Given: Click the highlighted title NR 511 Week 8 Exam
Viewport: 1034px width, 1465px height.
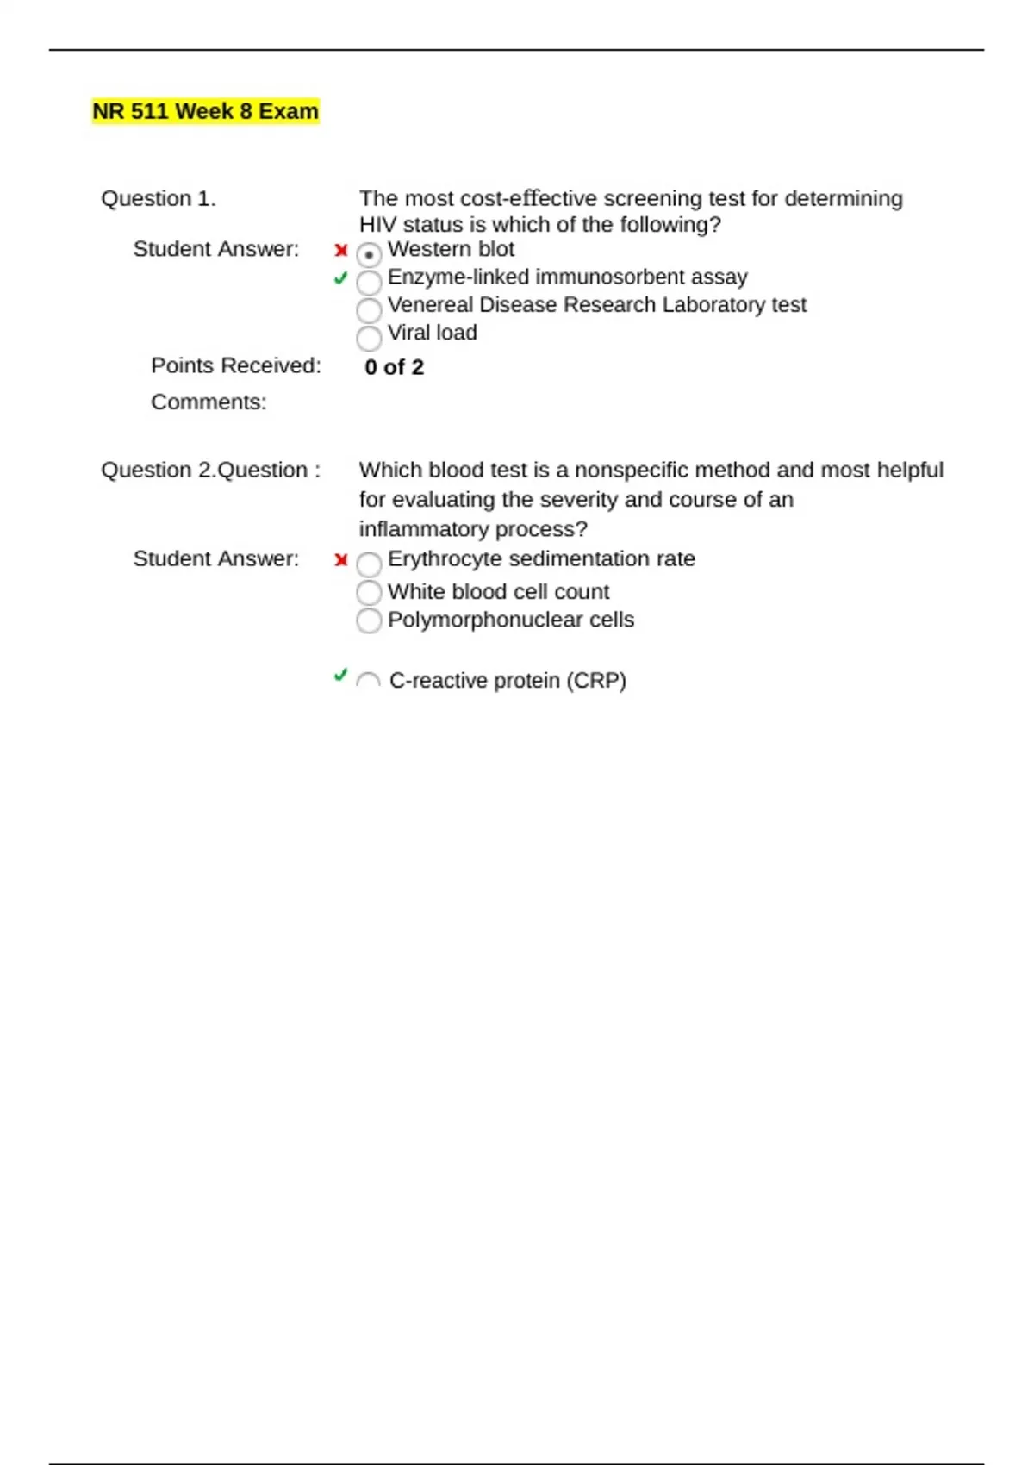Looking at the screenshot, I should (205, 111).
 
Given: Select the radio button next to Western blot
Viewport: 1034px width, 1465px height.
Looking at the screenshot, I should (369, 254).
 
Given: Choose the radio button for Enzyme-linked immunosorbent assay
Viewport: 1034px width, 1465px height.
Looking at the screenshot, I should (369, 282).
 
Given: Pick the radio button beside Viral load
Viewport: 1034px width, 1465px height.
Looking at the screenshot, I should (369, 338).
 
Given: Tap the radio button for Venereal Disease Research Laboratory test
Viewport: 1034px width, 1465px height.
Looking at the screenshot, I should (369, 309).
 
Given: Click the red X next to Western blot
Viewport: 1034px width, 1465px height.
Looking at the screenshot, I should (341, 251).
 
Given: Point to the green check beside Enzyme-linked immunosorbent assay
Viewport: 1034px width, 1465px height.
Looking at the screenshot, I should (340, 277).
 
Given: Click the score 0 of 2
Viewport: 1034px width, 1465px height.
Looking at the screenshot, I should (394, 367).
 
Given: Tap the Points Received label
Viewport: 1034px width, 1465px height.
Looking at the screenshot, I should (235, 365).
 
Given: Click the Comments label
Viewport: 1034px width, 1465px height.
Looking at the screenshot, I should (209, 402).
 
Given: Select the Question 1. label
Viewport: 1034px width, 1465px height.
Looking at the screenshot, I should (159, 198).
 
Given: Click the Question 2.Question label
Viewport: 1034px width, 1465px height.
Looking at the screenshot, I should (210, 470).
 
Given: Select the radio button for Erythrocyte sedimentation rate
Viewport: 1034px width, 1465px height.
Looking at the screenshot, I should (369, 564).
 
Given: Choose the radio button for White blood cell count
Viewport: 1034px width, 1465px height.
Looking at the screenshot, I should (369, 592).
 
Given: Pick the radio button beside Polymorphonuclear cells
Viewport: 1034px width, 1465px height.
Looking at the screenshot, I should (369, 620).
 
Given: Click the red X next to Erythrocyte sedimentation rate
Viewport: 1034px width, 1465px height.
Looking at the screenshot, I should (341, 560).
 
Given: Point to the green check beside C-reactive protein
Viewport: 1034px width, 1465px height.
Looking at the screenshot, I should (340, 675).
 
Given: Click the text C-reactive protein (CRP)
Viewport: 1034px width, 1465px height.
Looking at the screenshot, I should (508, 680).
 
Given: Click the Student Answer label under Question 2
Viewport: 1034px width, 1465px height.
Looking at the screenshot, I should (215, 558).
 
